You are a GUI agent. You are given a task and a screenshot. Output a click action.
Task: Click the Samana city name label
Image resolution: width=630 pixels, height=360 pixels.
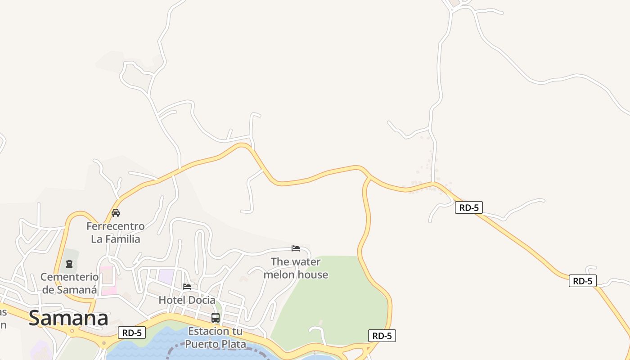pyautogui.click(x=68, y=318)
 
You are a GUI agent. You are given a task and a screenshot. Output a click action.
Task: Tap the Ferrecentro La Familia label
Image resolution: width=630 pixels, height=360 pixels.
pyautogui.click(x=116, y=232)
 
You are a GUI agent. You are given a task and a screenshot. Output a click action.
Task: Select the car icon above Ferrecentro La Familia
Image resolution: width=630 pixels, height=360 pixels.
pyautogui.click(x=116, y=213)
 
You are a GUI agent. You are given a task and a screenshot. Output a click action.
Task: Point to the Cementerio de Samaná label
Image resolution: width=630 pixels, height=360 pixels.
pyautogui.click(x=69, y=283)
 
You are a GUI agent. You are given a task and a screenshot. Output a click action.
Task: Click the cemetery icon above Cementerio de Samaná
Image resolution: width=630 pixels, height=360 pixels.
pyautogui.click(x=69, y=264)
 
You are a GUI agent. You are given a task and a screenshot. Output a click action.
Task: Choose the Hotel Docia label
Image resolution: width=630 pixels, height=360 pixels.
pyautogui.click(x=187, y=300)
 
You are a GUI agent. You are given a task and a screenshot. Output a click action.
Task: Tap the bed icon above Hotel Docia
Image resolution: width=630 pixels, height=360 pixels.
pyautogui.click(x=187, y=286)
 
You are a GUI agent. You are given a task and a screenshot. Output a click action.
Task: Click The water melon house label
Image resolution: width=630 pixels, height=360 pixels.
pyautogui.click(x=296, y=268)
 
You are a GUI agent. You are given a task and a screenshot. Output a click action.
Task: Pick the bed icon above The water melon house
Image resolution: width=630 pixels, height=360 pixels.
pyautogui.click(x=296, y=248)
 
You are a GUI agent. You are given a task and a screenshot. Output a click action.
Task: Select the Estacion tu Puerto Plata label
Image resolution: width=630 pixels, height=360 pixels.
pyautogui.click(x=215, y=337)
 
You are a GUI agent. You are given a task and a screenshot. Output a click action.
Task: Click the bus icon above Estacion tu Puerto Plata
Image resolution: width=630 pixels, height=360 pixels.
pyautogui.click(x=216, y=318)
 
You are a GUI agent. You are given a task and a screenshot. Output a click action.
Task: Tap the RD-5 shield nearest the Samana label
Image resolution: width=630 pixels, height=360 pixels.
pyautogui.click(x=132, y=333)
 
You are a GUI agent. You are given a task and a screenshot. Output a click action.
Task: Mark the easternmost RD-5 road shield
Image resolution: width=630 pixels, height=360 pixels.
pyautogui.click(x=582, y=281)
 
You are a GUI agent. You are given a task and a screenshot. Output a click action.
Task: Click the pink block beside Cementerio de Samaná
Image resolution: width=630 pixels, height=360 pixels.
pyautogui.click(x=108, y=281)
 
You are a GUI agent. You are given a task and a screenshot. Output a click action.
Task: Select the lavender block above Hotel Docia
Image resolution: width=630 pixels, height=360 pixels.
pyautogui.click(x=166, y=276)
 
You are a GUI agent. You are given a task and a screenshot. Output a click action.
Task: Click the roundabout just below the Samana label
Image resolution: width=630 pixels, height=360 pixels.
pyautogui.click(x=72, y=331)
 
